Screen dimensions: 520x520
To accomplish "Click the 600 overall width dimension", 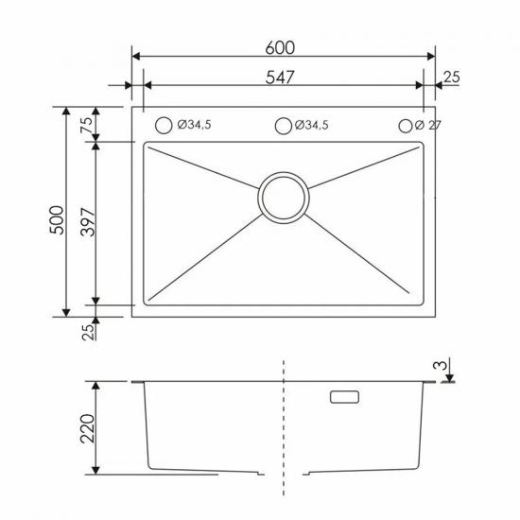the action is click(280, 48).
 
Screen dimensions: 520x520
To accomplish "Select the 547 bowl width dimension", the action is click(280, 78).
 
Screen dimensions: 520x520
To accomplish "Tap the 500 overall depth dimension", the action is click(57, 220).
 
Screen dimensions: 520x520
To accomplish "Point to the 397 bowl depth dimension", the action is click(88, 222).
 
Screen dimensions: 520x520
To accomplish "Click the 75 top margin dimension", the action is click(87, 125).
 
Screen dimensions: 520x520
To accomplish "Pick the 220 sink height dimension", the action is click(88, 428).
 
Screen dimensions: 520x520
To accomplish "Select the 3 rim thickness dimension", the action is click(441, 365).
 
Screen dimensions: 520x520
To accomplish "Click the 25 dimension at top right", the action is click(452, 77).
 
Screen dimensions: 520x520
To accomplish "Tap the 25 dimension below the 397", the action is click(88, 332).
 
